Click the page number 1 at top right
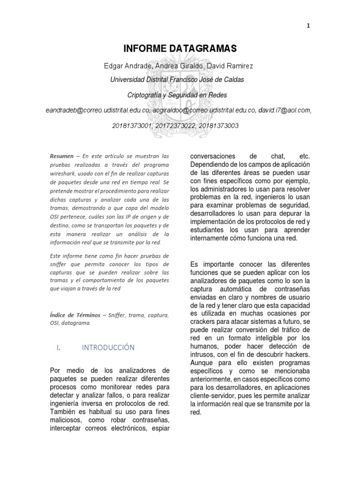click(x=308, y=26)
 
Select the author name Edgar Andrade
click(x=127, y=66)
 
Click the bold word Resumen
click(x=61, y=156)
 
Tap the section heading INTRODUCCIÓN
click(x=108, y=347)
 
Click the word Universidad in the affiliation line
click(x=128, y=80)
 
